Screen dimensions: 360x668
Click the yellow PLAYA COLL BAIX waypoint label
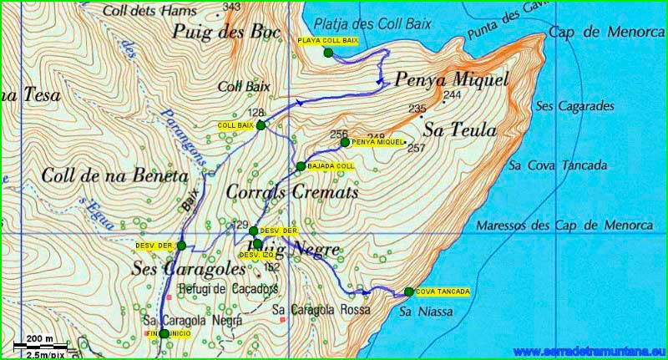328,40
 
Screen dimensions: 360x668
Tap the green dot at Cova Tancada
408,292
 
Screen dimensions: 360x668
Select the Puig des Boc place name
220,32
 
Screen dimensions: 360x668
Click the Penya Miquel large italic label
450,81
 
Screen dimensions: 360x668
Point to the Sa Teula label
459,130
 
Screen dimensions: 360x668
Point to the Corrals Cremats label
291,192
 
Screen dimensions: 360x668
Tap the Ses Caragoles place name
189,269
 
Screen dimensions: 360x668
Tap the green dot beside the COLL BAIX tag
261,125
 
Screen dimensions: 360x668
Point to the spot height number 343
232,8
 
